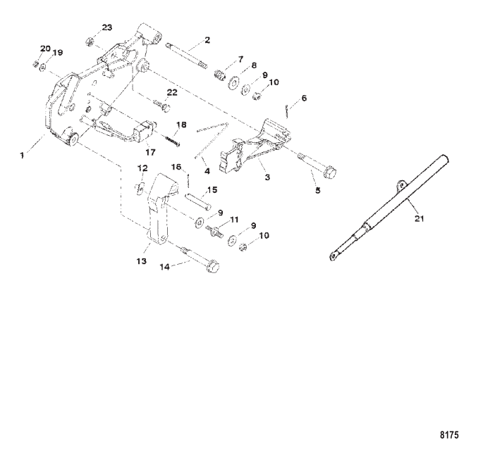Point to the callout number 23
point(106,27)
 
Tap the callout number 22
point(171,93)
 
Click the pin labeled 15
point(199,199)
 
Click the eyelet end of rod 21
point(331,258)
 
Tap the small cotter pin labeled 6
point(287,108)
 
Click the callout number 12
point(142,168)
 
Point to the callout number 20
point(45,49)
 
